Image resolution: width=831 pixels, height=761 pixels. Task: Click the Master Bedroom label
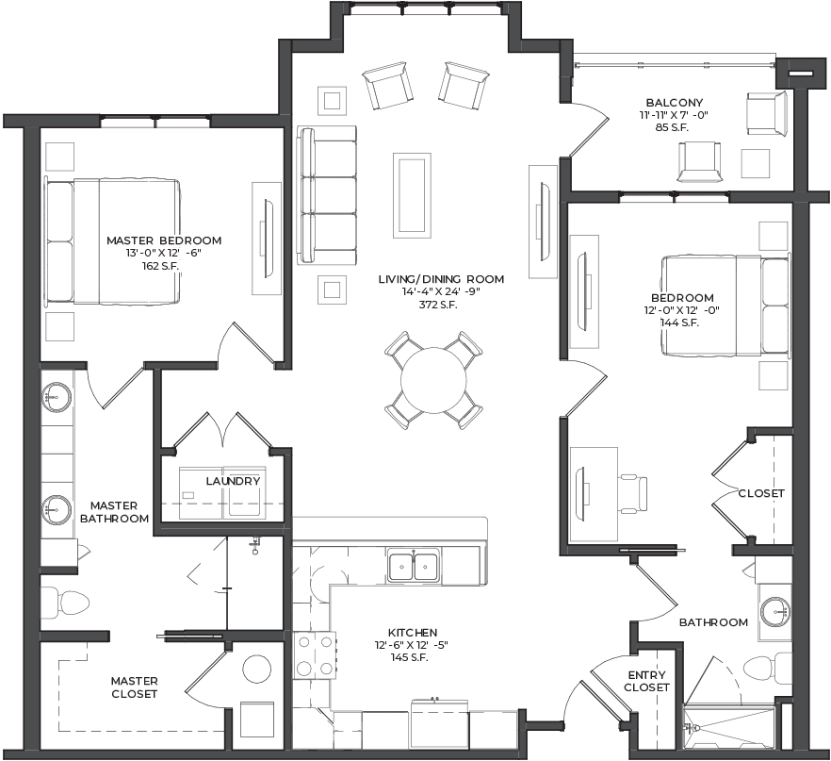click(x=164, y=240)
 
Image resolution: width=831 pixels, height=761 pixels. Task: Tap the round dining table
click(x=433, y=380)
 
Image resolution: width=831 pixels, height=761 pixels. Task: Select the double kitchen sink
click(x=414, y=567)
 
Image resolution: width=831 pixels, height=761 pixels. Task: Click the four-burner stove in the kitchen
click(x=315, y=655)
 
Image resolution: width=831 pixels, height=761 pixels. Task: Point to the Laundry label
click(x=233, y=481)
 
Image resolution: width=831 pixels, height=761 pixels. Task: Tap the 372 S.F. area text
click(x=438, y=305)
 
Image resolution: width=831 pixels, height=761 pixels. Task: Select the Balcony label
click(x=675, y=103)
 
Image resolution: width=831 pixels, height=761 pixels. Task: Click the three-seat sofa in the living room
click(x=326, y=194)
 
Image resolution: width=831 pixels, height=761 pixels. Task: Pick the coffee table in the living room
click(x=412, y=195)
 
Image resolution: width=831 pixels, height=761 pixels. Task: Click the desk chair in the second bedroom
click(x=633, y=494)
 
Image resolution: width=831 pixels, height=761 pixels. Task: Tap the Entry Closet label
click(x=646, y=682)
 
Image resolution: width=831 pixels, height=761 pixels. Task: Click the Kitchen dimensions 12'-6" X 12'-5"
click(x=413, y=645)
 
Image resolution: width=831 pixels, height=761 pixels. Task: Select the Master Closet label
click(x=134, y=687)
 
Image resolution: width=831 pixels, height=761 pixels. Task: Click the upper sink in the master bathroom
click(x=57, y=396)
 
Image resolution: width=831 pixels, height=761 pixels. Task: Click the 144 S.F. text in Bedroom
click(x=679, y=323)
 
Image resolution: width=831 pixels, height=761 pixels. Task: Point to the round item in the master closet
click(x=256, y=670)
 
